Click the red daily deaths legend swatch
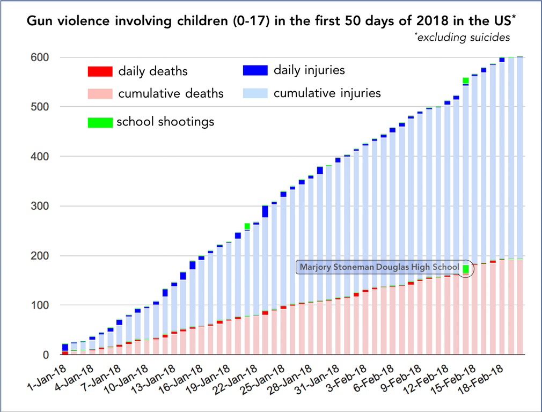click(x=100, y=71)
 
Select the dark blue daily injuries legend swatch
click(x=255, y=70)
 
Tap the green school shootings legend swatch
click(x=100, y=122)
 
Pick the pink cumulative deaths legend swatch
click(x=100, y=94)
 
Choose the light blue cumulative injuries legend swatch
click(x=255, y=93)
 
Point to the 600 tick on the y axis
click(x=40, y=57)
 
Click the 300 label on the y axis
click(x=40, y=206)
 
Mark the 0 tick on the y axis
click(x=46, y=355)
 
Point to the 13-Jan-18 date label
click(x=154, y=379)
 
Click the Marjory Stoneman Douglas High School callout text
click(x=379, y=267)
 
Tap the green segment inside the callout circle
click(x=466, y=269)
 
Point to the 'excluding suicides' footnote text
click(x=463, y=37)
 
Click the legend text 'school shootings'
click(x=166, y=122)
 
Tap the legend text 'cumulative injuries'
click(x=327, y=93)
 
